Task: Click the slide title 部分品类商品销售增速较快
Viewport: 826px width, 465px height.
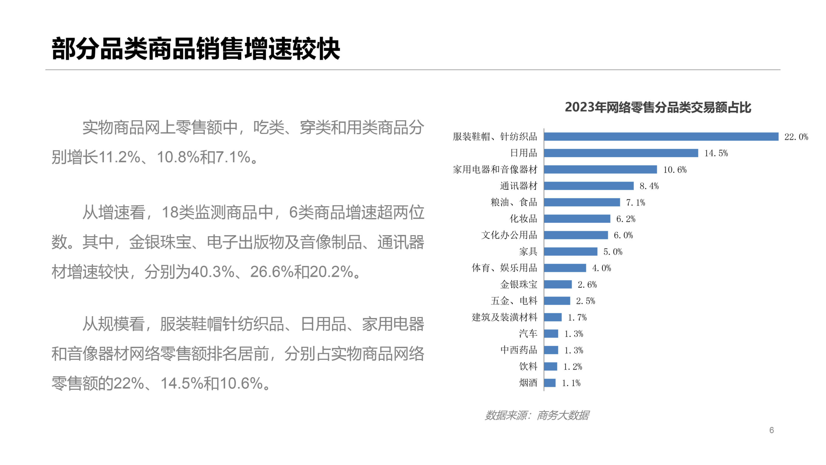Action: (196, 49)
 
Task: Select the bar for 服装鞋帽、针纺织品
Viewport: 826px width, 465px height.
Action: (661, 137)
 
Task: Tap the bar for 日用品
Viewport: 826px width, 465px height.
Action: (621, 153)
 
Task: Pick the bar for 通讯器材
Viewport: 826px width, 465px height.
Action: (589, 186)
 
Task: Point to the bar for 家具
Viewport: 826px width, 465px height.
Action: (570, 252)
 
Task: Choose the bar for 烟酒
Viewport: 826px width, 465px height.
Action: (550, 383)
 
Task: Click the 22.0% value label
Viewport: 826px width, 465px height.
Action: (796, 137)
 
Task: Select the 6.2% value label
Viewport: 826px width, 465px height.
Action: (626, 219)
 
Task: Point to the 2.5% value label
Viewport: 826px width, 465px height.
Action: (586, 301)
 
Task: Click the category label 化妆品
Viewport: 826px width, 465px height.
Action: (523, 219)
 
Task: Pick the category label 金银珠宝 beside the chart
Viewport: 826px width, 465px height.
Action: (518, 284)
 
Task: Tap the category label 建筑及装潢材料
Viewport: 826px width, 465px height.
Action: (504, 317)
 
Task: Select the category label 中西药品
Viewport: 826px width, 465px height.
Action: (518, 350)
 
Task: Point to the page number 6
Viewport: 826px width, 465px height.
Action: (771, 430)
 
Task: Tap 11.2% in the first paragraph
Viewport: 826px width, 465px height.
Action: (119, 157)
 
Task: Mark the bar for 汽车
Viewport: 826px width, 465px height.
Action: (551, 334)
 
